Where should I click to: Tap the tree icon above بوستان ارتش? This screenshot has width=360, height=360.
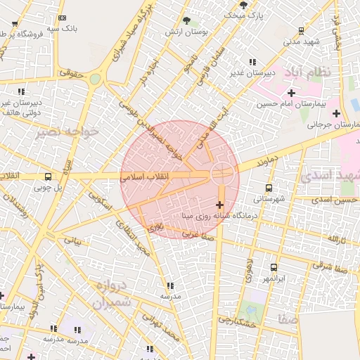point(186,21)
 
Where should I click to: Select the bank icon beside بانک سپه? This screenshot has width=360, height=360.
point(63,18)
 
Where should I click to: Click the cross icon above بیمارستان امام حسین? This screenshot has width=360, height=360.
point(291,93)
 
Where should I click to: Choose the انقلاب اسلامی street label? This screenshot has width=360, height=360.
point(143,179)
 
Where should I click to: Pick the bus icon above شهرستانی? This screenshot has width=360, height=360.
point(269,188)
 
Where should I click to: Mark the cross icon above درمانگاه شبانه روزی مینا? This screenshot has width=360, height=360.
point(220,205)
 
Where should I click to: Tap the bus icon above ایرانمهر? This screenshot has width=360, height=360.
point(274,267)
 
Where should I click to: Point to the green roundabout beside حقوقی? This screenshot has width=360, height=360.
point(95,79)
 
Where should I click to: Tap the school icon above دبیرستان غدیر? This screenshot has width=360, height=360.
point(252,62)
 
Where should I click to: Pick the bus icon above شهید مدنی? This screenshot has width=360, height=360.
point(302,30)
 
